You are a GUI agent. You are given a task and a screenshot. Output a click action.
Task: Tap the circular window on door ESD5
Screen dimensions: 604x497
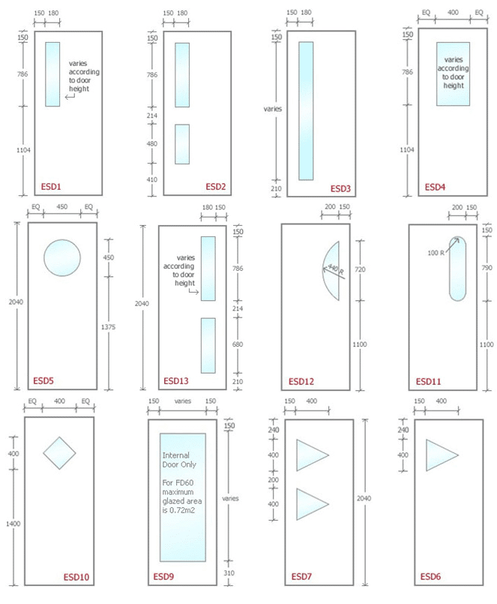click(x=62, y=257)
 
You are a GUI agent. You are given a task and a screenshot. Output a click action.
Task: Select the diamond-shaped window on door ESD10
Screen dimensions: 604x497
click(x=59, y=453)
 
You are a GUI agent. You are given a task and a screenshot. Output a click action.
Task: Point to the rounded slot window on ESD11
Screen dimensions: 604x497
click(x=457, y=268)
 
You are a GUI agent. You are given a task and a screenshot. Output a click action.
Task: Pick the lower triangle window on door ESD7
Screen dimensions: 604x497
click(x=310, y=504)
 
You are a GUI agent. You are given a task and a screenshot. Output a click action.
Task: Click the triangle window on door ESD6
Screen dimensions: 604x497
click(x=440, y=455)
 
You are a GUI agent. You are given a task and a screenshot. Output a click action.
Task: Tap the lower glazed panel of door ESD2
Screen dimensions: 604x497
click(x=182, y=143)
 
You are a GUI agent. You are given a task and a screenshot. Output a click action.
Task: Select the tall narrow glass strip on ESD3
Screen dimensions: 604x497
click(x=306, y=110)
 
